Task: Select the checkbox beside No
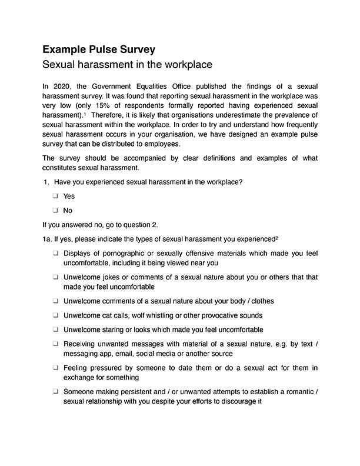pos(55,210)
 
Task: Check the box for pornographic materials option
pos(55,253)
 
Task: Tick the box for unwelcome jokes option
pos(55,277)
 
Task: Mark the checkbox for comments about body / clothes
pos(55,301)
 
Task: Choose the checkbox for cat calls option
pos(55,315)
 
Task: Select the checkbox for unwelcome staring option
pos(55,329)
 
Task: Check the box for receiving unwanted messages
pos(55,344)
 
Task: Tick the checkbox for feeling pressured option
pos(55,368)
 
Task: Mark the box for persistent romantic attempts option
pos(55,391)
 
